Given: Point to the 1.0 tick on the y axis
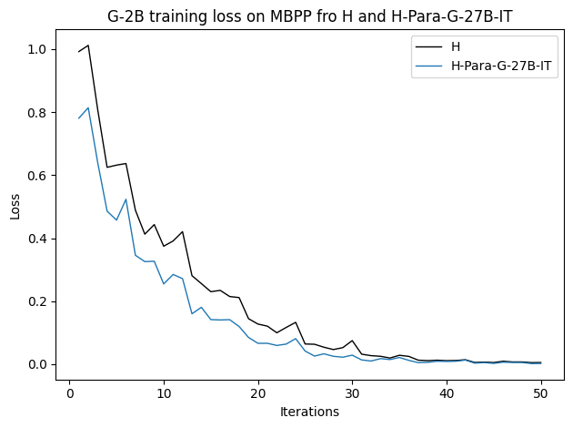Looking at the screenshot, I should [x=37, y=49].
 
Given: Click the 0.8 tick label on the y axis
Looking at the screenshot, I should [x=37, y=113].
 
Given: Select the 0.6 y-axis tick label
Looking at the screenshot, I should [x=37, y=176].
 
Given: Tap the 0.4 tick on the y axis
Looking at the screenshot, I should [x=37, y=239].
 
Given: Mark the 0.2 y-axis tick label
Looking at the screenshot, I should [x=37, y=301].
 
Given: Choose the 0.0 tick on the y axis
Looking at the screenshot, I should [x=37, y=364].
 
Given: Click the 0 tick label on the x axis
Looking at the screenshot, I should [x=69, y=393].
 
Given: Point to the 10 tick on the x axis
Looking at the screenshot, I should [x=164, y=393].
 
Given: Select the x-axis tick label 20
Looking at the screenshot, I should [x=258, y=393].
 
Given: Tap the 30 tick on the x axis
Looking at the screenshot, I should [x=353, y=393].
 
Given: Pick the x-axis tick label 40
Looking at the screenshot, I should [x=447, y=393].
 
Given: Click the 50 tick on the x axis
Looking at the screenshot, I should [x=541, y=393].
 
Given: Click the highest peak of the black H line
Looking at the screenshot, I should [x=88, y=46].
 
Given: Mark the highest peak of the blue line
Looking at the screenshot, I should [x=88, y=107].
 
